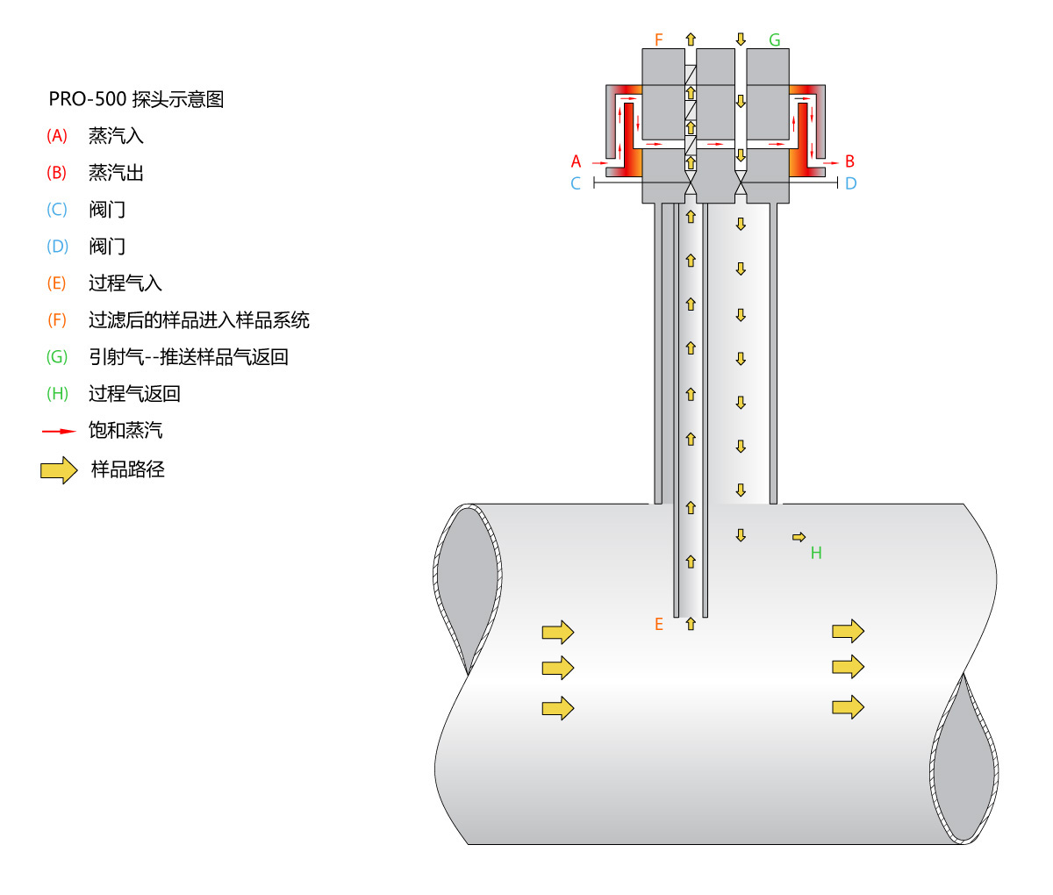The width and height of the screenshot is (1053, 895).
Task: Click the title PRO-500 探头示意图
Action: pos(136,99)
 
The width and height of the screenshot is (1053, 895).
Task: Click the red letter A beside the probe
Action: pos(576,161)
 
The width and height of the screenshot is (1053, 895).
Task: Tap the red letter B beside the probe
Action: pos(849,161)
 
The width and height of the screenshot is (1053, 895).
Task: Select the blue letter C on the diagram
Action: pos(576,183)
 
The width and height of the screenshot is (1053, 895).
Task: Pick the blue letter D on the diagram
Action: pos(850,183)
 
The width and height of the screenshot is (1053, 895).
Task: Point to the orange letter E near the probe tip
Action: pos(659,625)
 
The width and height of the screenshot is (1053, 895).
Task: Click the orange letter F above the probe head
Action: pos(659,40)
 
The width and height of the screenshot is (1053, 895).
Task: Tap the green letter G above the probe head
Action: pos(774,40)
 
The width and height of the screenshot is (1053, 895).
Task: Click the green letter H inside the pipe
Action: pos(816,553)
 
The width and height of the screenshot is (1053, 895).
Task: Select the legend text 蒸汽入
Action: pos(116,136)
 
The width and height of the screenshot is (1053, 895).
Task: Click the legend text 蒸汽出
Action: pos(116,173)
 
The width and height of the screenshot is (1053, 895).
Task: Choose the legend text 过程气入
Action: pos(125,283)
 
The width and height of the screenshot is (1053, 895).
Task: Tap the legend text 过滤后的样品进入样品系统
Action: pos(199,320)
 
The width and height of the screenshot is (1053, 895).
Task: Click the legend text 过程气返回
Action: pos(134,394)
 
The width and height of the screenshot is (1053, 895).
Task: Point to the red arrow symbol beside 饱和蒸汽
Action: pos(59,432)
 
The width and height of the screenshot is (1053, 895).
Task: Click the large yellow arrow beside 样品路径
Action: pos(59,470)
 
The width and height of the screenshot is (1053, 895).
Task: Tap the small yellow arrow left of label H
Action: pos(799,537)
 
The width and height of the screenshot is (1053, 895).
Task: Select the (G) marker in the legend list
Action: pos(57,357)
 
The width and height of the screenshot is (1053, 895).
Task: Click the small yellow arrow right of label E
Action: pos(691,624)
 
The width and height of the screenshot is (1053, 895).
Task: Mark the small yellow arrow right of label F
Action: pos(691,39)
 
